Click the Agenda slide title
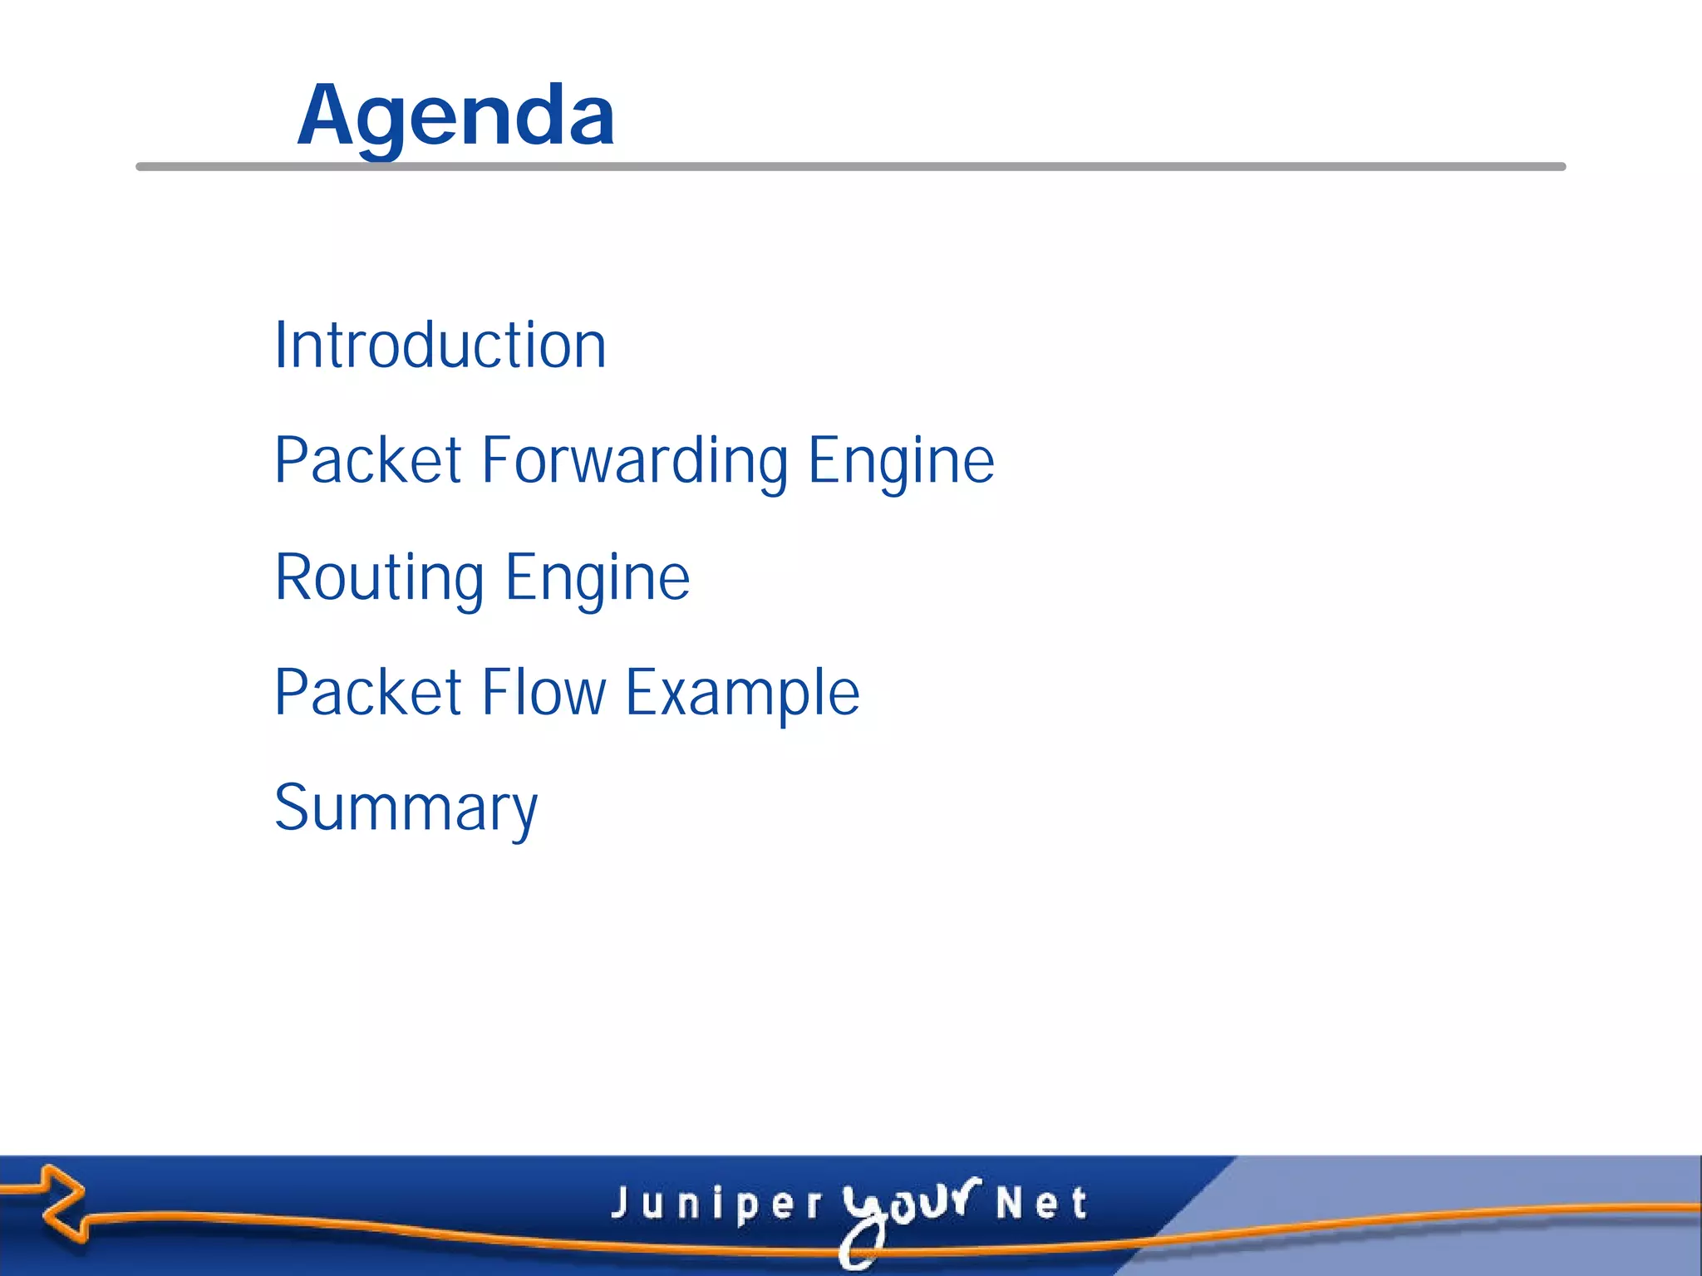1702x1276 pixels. pyautogui.click(x=455, y=116)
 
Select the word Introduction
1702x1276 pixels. pyautogui.click(x=440, y=345)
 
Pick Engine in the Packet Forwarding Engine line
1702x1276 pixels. pyautogui.click(x=901, y=461)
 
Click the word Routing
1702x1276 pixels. pyautogui.click(x=379, y=577)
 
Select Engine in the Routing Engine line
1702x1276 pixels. pyautogui.click(x=597, y=577)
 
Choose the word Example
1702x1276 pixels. pyautogui.click(x=742, y=693)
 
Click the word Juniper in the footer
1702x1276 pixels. pyautogui.click(x=716, y=1204)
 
